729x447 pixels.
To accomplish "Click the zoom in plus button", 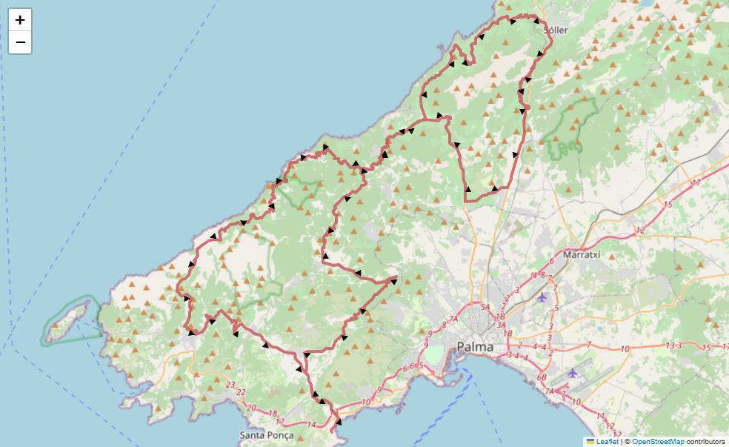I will click(x=20, y=20).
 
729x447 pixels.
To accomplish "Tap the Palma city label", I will click(x=475, y=346).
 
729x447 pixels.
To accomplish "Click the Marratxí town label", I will click(x=581, y=254).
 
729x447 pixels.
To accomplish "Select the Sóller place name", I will click(x=556, y=30).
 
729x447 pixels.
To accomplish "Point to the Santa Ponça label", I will click(x=267, y=435).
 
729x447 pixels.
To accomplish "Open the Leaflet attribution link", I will click(x=607, y=442).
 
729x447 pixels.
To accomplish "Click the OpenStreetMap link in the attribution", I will click(x=659, y=442).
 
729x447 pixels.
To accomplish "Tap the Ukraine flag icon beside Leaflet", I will click(x=590, y=442).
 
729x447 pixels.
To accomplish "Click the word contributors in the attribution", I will click(x=706, y=442).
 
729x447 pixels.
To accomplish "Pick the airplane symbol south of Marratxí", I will click(x=542, y=297).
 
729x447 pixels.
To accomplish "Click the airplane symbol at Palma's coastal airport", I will click(x=573, y=373).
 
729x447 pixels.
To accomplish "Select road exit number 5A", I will click(x=485, y=307).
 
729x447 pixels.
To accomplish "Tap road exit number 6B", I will click(x=542, y=377).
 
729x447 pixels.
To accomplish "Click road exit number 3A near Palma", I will click(x=501, y=325).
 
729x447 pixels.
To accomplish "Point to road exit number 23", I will click(x=231, y=385).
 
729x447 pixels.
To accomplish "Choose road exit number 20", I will click(x=251, y=408).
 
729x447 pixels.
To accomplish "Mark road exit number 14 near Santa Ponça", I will click(x=311, y=425).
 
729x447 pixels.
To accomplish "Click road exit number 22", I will click(x=241, y=392).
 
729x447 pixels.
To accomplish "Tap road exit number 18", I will click(x=272, y=414).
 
